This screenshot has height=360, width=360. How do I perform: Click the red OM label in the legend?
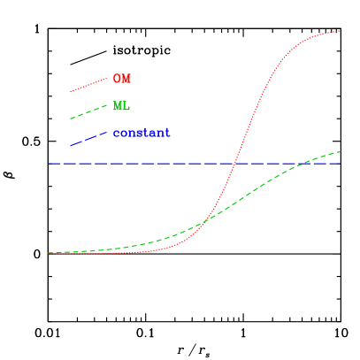click(x=121, y=79)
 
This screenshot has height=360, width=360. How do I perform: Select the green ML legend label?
click(x=121, y=106)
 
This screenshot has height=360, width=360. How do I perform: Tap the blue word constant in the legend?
click(x=141, y=134)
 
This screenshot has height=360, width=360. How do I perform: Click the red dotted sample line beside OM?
click(x=88, y=85)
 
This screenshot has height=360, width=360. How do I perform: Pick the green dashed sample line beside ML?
click(x=88, y=111)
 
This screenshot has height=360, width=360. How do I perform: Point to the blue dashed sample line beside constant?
click(x=88, y=139)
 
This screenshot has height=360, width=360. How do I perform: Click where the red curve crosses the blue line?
click(x=234, y=163)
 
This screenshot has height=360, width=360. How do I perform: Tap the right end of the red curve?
click(x=340, y=31)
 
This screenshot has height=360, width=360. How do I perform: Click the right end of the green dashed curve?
click(x=341, y=151)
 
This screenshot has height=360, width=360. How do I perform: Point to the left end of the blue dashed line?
click(x=50, y=163)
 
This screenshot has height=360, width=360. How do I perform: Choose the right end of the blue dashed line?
click(x=340, y=163)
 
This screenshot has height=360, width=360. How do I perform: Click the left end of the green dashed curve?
click(x=50, y=253)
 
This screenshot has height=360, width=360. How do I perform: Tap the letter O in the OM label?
click(x=117, y=79)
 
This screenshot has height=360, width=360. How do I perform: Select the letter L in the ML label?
click(x=126, y=106)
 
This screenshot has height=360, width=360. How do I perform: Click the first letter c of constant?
click(x=116, y=134)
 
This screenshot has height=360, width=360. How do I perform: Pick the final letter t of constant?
click(x=166, y=134)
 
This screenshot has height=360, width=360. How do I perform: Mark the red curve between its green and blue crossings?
click(x=221, y=195)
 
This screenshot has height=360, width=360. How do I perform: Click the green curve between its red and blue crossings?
click(x=257, y=191)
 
